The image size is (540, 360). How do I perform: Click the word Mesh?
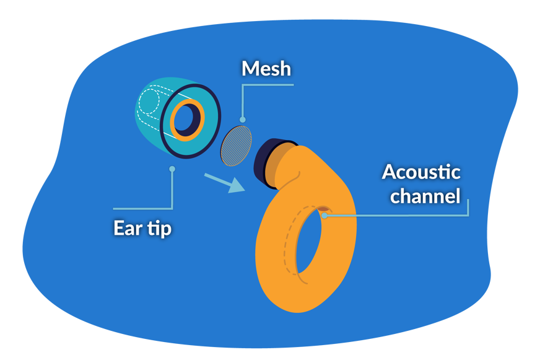click(x=266, y=68)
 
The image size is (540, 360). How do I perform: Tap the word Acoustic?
click(x=420, y=172)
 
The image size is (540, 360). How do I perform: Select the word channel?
click(x=425, y=196)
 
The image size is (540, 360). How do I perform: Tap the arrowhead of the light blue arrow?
click(x=236, y=185)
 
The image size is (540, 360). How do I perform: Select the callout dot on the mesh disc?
click(x=242, y=120)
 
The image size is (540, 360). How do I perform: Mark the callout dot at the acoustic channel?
click(x=324, y=216)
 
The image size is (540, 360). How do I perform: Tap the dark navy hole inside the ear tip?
click(x=186, y=120)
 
